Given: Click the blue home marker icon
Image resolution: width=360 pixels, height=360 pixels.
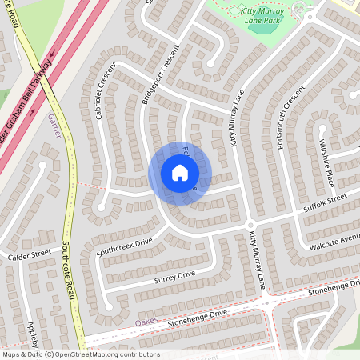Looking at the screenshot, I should [179, 173].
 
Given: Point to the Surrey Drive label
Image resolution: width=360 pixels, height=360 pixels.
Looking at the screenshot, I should [174, 277].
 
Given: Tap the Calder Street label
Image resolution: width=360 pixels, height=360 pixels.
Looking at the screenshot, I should [29, 255].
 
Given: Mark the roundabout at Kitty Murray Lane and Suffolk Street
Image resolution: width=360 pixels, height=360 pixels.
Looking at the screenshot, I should [250, 224].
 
